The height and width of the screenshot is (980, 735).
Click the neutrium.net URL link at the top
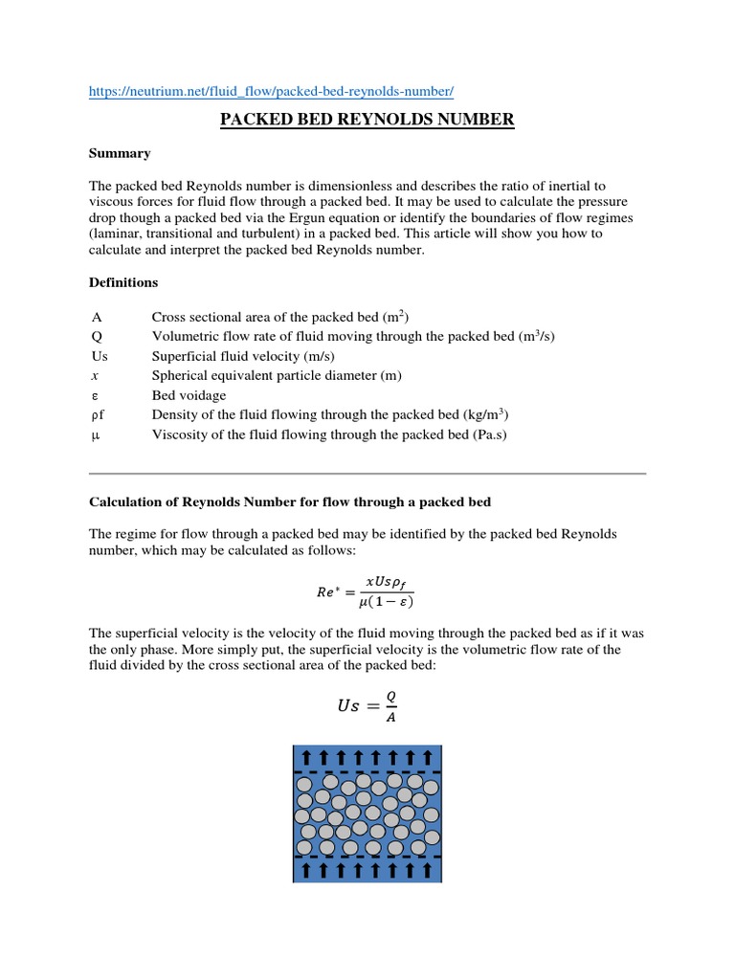point(271,91)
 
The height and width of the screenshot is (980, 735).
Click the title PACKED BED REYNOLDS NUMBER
point(367,120)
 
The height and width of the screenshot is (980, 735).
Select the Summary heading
point(120,153)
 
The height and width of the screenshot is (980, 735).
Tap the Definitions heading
point(123,283)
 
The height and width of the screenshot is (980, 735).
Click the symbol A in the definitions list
point(97,317)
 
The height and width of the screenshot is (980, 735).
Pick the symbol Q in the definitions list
point(97,337)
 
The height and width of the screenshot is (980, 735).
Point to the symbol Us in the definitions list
point(100,356)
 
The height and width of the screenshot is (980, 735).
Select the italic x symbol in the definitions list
point(96,376)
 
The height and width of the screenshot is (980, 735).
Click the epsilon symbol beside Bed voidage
point(96,395)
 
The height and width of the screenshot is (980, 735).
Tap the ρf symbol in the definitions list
point(98,415)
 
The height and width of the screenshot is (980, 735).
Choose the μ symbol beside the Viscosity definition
point(96,434)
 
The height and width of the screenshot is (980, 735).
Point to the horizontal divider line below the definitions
point(367,473)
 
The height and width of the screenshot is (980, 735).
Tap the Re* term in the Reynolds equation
point(330,591)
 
